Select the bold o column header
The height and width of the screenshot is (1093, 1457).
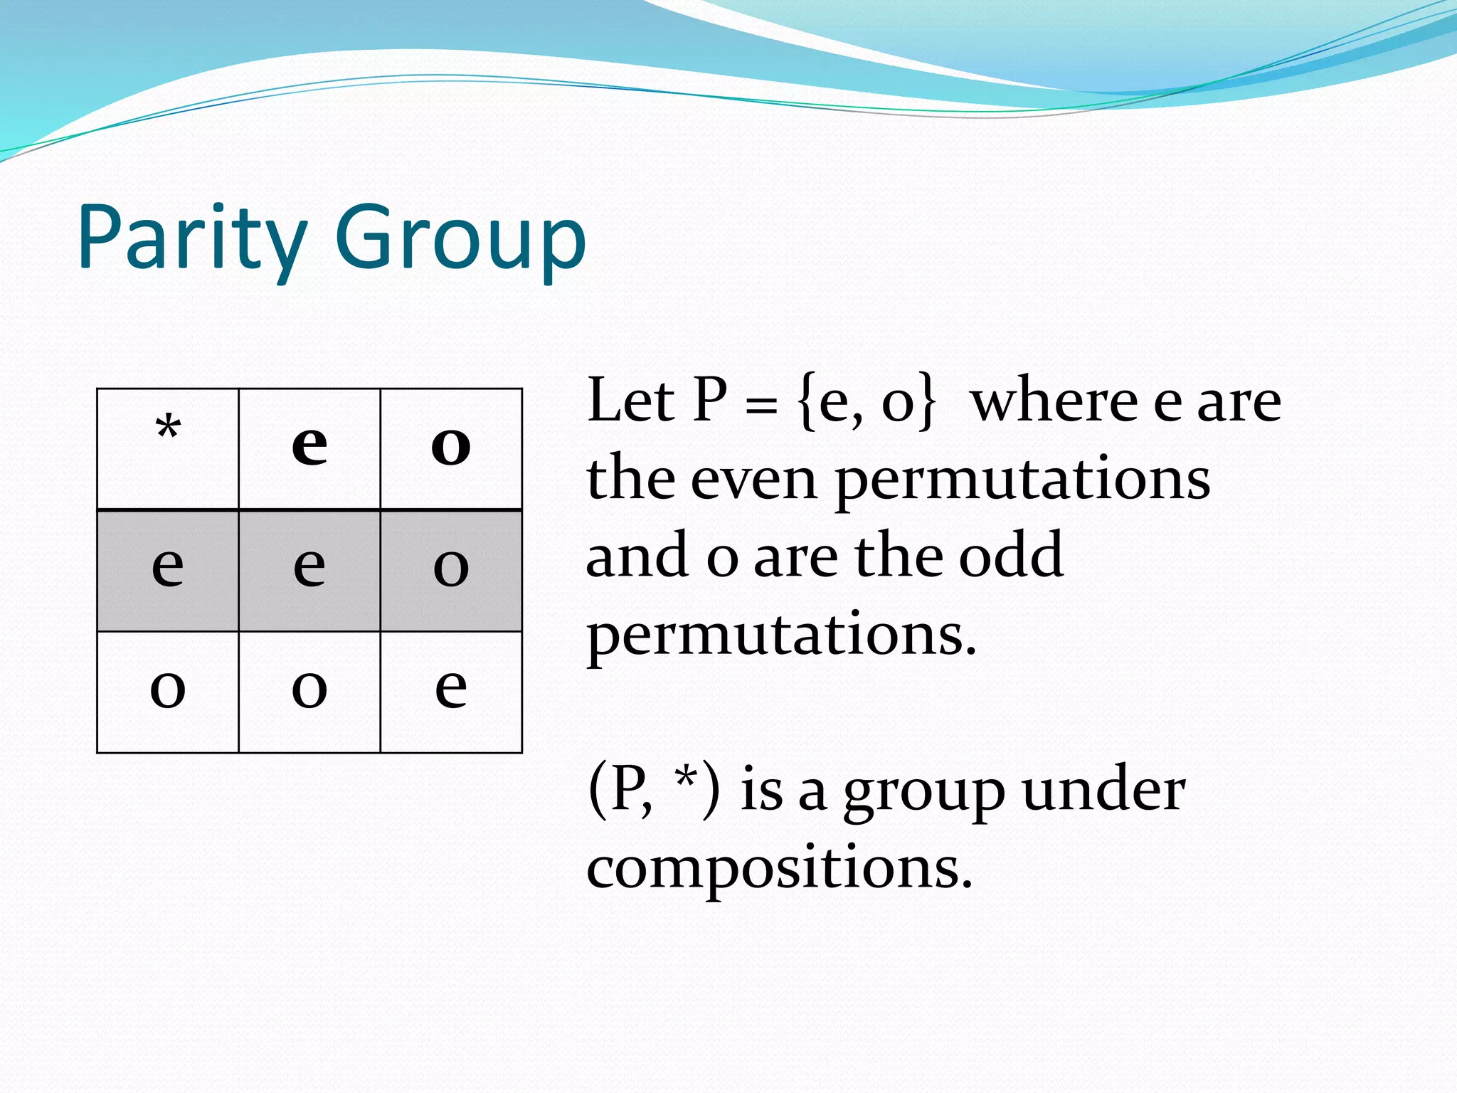451,446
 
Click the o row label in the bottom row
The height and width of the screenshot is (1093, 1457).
168,688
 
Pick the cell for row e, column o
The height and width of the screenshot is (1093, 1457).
451,567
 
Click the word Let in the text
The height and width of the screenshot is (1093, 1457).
630,401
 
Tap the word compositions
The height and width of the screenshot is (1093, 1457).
778,870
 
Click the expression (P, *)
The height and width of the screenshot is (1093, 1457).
653,790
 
